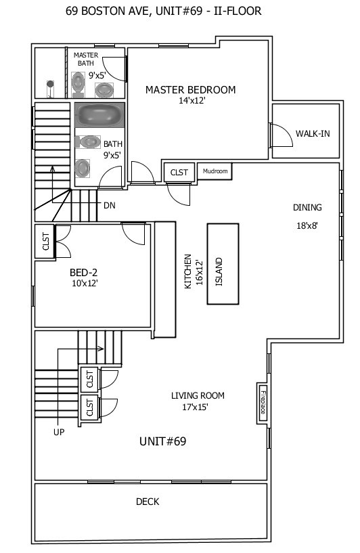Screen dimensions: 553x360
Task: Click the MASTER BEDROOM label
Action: click(x=190, y=89)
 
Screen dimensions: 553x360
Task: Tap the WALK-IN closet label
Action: click(x=313, y=133)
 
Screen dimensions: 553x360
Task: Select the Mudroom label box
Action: click(x=216, y=171)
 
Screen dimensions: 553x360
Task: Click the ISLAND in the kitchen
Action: click(x=219, y=263)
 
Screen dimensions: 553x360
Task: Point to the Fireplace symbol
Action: click(x=263, y=403)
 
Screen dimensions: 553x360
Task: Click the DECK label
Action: click(x=148, y=502)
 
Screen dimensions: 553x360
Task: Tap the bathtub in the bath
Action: click(x=99, y=114)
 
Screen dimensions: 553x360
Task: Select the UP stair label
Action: click(x=60, y=431)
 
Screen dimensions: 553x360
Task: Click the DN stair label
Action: click(x=109, y=204)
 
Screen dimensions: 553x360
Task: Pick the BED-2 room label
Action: click(x=85, y=273)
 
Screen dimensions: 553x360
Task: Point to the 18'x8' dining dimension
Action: click(x=307, y=226)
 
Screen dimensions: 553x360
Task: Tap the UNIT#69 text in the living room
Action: click(x=162, y=441)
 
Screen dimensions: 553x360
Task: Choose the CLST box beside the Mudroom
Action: click(x=179, y=172)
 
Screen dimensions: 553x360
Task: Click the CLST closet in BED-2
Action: click(x=45, y=242)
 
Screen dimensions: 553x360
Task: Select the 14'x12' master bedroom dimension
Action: click(x=192, y=101)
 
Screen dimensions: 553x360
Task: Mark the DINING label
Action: click(x=307, y=208)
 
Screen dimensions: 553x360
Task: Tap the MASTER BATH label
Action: click(x=86, y=60)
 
